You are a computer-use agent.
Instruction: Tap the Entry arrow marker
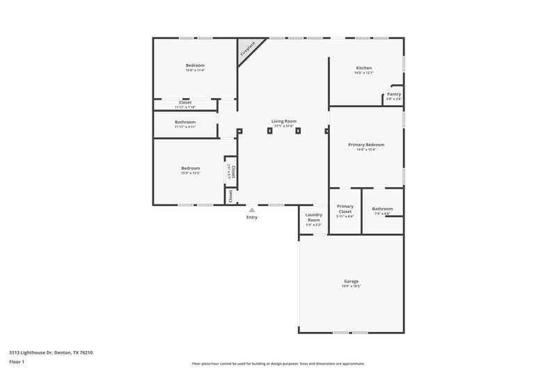click(x=252, y=210)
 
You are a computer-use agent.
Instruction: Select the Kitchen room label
click(x=363, y=68)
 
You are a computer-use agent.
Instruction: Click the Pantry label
click(x=394, y=94)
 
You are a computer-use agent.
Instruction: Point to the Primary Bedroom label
click(x=366, y=145)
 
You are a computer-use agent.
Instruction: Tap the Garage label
click(x=351, y=281)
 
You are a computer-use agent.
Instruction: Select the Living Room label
click(x=284, y=121)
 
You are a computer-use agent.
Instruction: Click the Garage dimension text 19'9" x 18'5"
click(x=351, y=286)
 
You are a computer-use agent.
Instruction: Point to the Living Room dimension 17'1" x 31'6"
click(x=284, y=126)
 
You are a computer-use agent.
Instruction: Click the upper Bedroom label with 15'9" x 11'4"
click(x=195, y=65)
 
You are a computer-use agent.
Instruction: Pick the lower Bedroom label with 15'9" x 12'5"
click(x=191, y=168)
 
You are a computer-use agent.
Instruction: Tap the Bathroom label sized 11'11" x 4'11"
click(x=185, y=122)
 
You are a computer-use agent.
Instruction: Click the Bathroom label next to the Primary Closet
click(x=382, y=209)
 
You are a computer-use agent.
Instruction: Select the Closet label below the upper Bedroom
click(x=185, y=102)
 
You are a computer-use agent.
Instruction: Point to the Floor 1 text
click(x=17, y=363)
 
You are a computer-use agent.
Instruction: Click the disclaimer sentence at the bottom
click(x=278, y=363)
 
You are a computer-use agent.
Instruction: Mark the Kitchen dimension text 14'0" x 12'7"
click(x=363, y=72)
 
